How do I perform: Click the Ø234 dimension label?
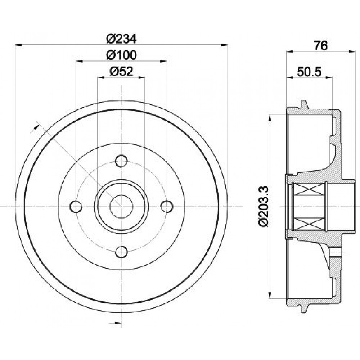tap(121, 39)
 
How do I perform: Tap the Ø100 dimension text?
tap(121, 55)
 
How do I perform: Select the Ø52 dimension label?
tap(121, 71)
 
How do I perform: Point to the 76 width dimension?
tap(320, 46)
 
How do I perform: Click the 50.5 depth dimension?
tap(309, 72)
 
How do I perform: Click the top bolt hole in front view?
tap(121, 161)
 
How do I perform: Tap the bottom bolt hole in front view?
tap(121, 252)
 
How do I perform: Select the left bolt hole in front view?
tap(76, 207)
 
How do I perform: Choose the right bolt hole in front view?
tap(167, 207)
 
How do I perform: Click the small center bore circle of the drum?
tap(121, 207)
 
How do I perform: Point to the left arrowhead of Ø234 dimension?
tap(18, 45)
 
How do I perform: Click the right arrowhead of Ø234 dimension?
tap(224, 45)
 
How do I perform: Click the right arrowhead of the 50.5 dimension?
tap(329, 78)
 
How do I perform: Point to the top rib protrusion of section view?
tap(303, 104)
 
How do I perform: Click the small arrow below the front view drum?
tap(117, 323)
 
